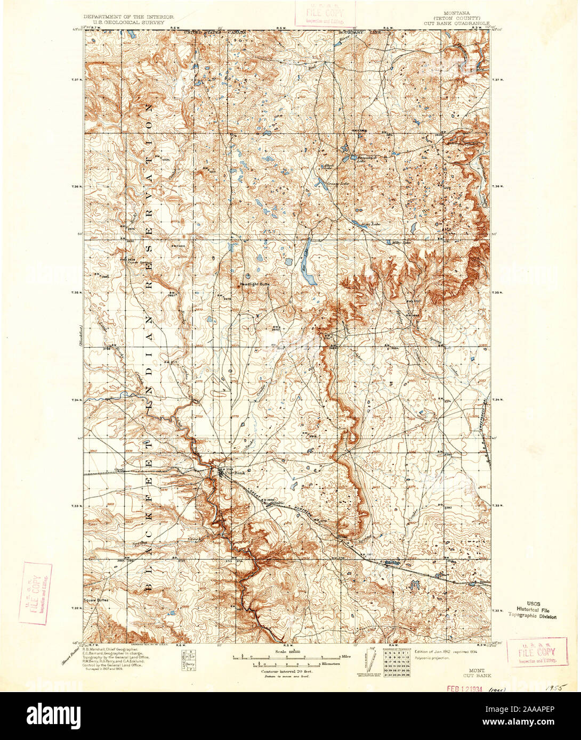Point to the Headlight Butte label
point(257,284)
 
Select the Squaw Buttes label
point(96,600)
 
